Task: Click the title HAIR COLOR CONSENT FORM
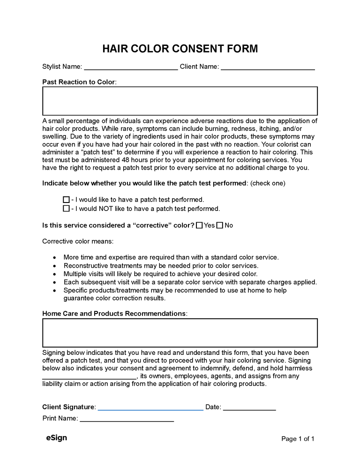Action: point(180,49)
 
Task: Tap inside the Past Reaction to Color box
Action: point(180,101)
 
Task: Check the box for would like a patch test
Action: point(66,200)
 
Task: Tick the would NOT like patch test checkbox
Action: point(66,209)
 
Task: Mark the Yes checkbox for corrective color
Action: point(199,225)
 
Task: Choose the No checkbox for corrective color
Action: point(220,225)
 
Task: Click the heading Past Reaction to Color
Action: point(78,82)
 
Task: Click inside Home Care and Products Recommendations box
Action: point(180,333)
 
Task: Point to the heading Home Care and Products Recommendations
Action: point(114,313)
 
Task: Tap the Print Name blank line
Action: point(127,420)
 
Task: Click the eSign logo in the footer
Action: point(56,438)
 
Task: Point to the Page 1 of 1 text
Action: point(298,439)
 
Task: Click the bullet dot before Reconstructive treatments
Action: point(55,266)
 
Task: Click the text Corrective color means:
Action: point(78,241)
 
